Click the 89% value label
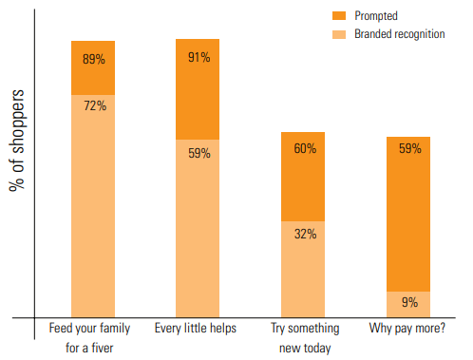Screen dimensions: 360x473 coord(93,59)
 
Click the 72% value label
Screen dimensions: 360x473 coord(93,105)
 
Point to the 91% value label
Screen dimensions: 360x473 coord(199,56)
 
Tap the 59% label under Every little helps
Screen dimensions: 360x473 coord(199,152)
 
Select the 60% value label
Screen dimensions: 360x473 coord(304,148)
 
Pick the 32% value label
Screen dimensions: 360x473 coord(304,234)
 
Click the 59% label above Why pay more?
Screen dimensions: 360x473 coord(408,148)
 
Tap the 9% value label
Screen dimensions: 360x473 coord(408,303)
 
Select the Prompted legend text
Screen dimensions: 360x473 coord(377,15)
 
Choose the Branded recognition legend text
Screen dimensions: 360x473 coord(399,33)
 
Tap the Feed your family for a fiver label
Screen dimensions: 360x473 coord(92,337)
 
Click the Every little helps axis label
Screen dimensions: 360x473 coord(196,329)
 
